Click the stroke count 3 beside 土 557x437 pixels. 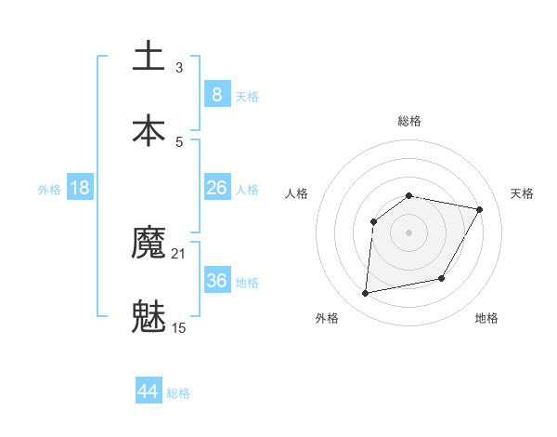tap(179, 67)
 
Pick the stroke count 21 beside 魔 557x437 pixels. tap(180, 253)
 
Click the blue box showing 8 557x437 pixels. tap(216, 94)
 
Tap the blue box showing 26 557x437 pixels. tap(216, 188)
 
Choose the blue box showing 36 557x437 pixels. tap(216, 280)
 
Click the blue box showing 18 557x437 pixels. tap(80, 188)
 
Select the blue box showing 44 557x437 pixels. tap(148, 391)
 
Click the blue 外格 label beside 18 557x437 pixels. tap(49, 190)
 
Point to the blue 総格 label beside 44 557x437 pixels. tap(178, 393)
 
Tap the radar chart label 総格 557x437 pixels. tap(408, 121)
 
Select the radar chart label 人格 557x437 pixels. tap(296, 193)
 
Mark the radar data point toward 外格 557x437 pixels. tap(366, 294)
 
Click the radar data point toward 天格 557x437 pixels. tap(480, 210)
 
